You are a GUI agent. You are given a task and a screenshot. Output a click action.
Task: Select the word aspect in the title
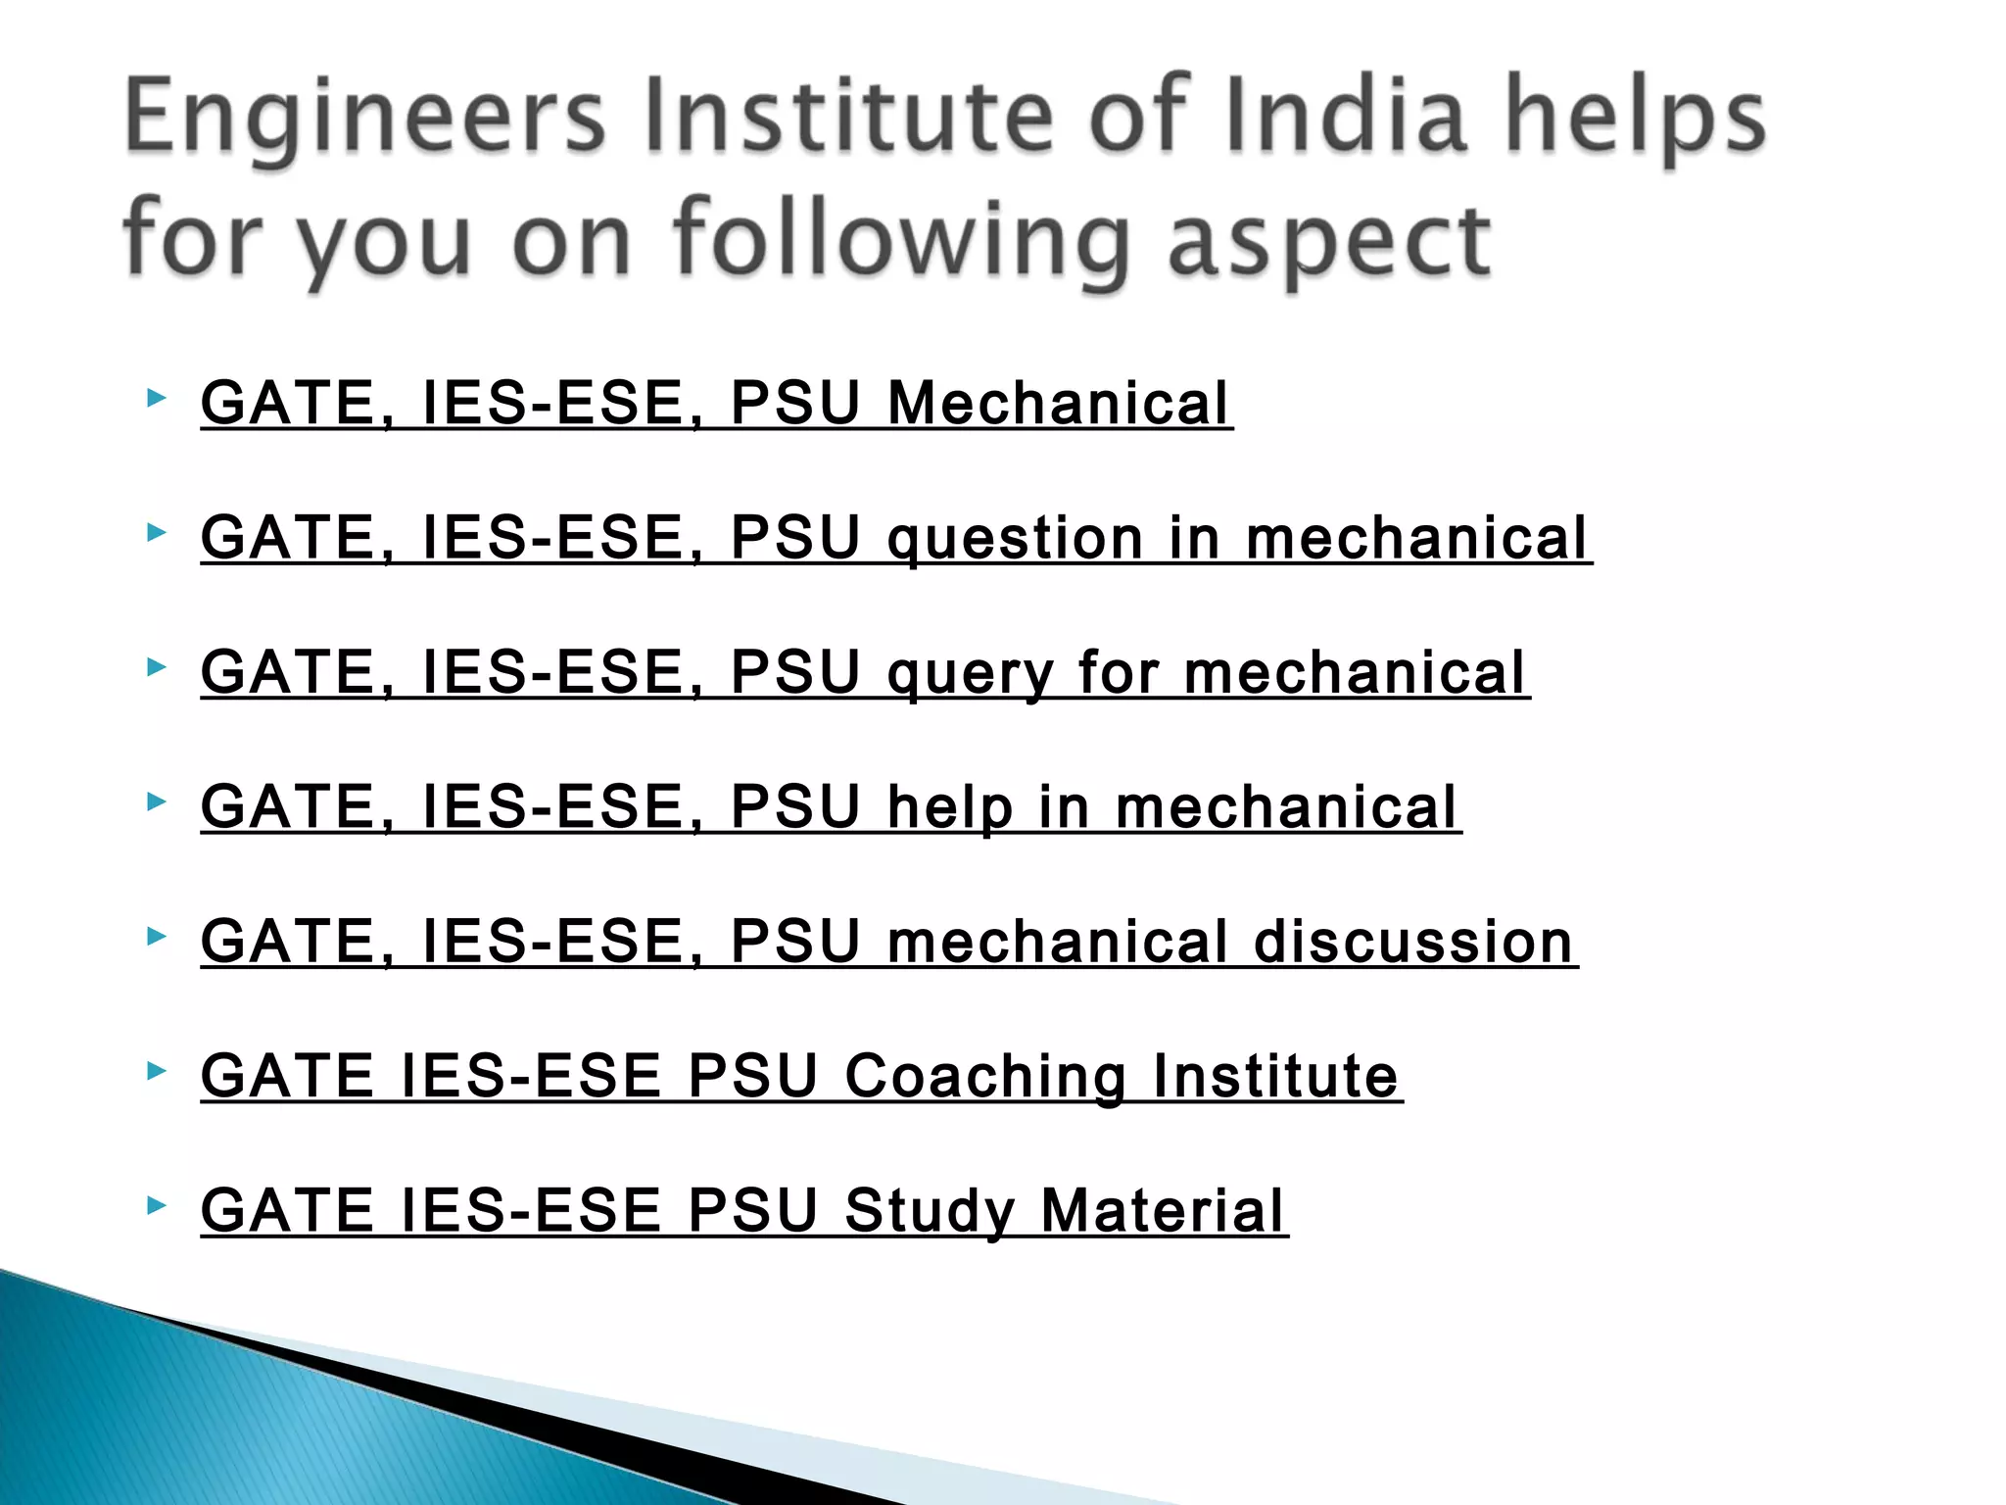(x=1329, y=240)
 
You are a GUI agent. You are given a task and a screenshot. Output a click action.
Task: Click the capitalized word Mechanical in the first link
(x=1058, y=404)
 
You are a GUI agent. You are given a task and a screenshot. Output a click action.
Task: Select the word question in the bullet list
(x=1015, y=540)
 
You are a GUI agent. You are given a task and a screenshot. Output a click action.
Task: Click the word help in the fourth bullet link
(x=949, y=808)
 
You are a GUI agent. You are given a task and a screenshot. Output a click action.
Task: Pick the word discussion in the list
(x=1413, y=943)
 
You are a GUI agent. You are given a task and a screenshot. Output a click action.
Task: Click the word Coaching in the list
(x=985, y=1077)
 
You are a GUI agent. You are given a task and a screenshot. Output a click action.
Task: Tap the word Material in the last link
(x=1162, y=1211)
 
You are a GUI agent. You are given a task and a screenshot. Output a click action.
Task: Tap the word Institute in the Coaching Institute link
(x=1275, y=1077)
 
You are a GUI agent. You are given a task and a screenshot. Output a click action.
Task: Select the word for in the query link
(x=1119, y=674)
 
